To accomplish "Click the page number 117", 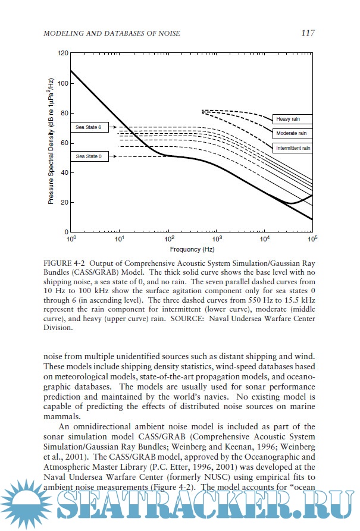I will (307, 33).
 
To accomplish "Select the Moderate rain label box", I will (292, 133).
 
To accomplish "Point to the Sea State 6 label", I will (89, 127).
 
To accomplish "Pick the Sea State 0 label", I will (89, 156).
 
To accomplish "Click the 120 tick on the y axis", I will (62, 54).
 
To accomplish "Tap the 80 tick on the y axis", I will (64, 113).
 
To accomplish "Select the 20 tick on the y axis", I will (64, 202).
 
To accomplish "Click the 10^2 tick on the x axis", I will (168, 238).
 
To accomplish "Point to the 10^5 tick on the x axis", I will (312, 238).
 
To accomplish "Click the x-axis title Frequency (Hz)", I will (192, 249).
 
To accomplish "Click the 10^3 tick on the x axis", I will (216, 238).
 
